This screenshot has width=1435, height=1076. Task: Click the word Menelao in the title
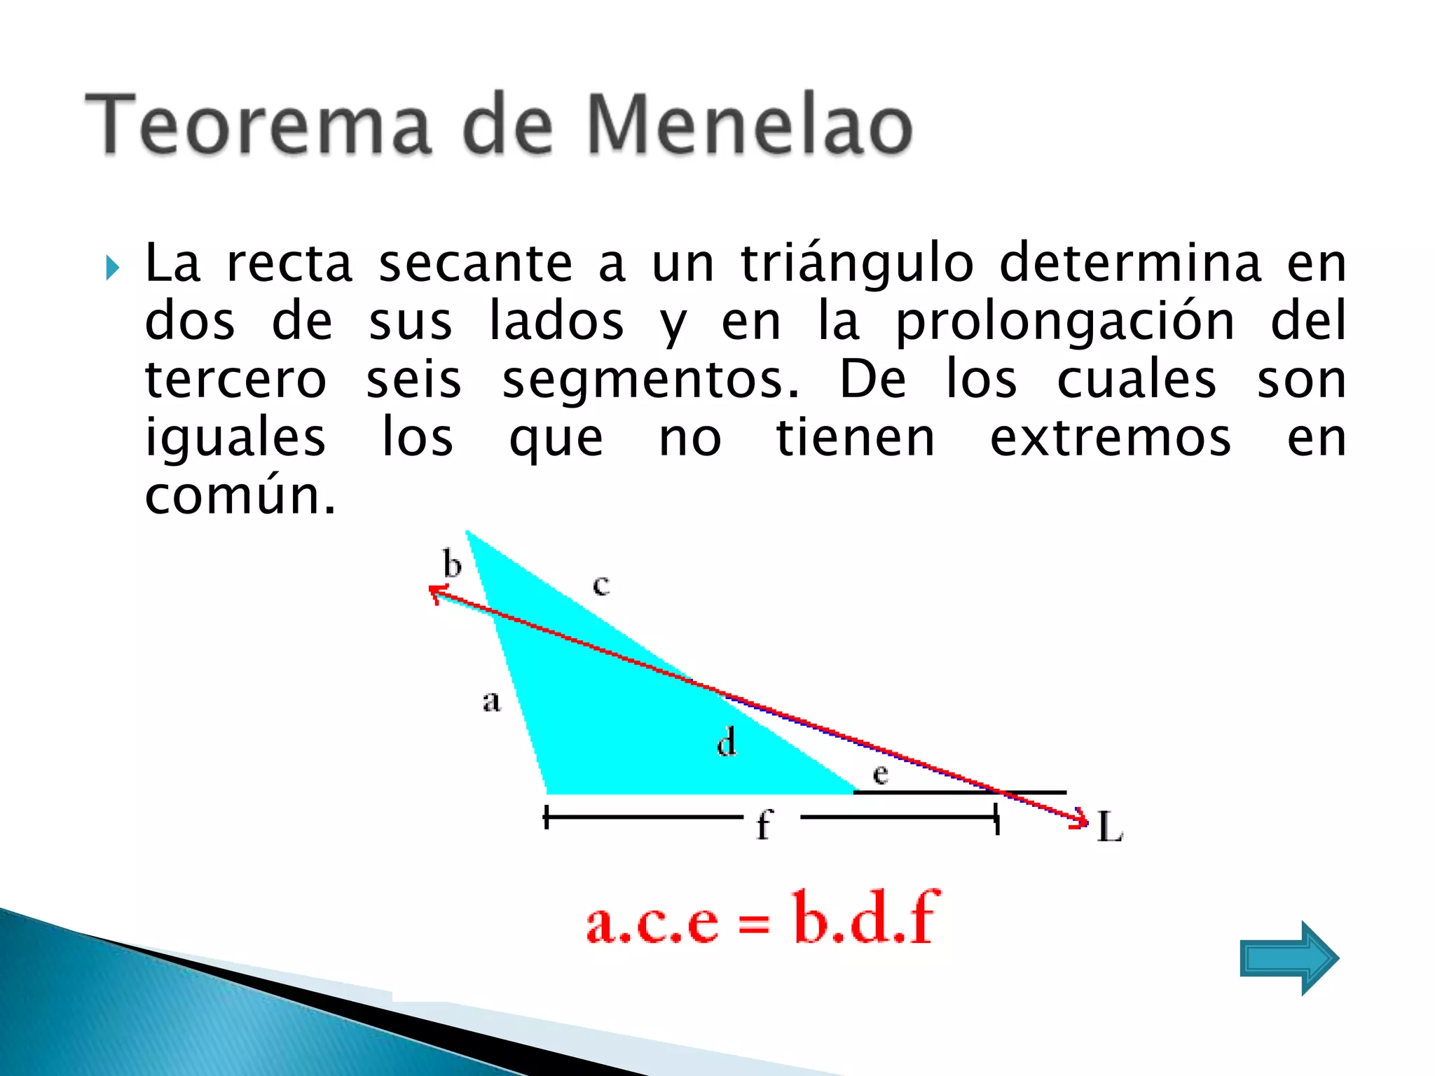point(748,126)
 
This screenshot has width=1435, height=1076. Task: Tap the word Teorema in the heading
point(258,126)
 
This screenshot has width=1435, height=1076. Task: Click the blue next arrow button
point(1289,958)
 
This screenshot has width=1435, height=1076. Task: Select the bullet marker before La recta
point(112,268)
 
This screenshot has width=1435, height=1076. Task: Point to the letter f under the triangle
point(764,824)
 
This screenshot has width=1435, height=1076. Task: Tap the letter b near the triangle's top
point(452,564)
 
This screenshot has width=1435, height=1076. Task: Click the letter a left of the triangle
point(491,701)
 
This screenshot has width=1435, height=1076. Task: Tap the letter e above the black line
point(881,774)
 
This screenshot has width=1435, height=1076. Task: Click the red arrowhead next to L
point(1080,819)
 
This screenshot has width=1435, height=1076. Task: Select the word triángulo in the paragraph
point(857,264)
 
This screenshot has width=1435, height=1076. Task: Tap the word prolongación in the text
point(1065,322)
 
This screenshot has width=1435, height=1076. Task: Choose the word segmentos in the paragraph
point(650,380)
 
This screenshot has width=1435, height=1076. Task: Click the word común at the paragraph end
point(240,496)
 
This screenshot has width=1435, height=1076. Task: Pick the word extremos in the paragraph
point(1110,439)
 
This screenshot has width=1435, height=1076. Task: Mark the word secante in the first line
point(476,264)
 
